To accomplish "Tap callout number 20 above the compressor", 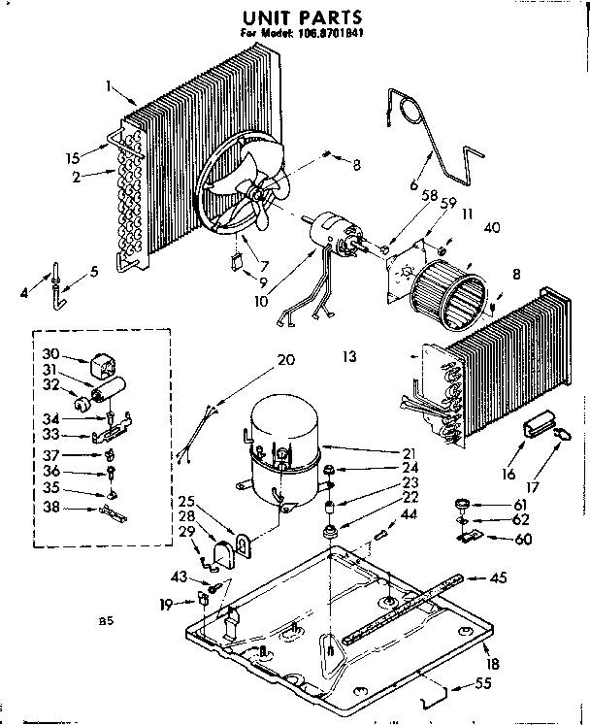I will pos(284,360).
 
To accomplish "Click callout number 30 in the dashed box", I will pos(52,354).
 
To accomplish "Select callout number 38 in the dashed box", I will pos(52,508).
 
